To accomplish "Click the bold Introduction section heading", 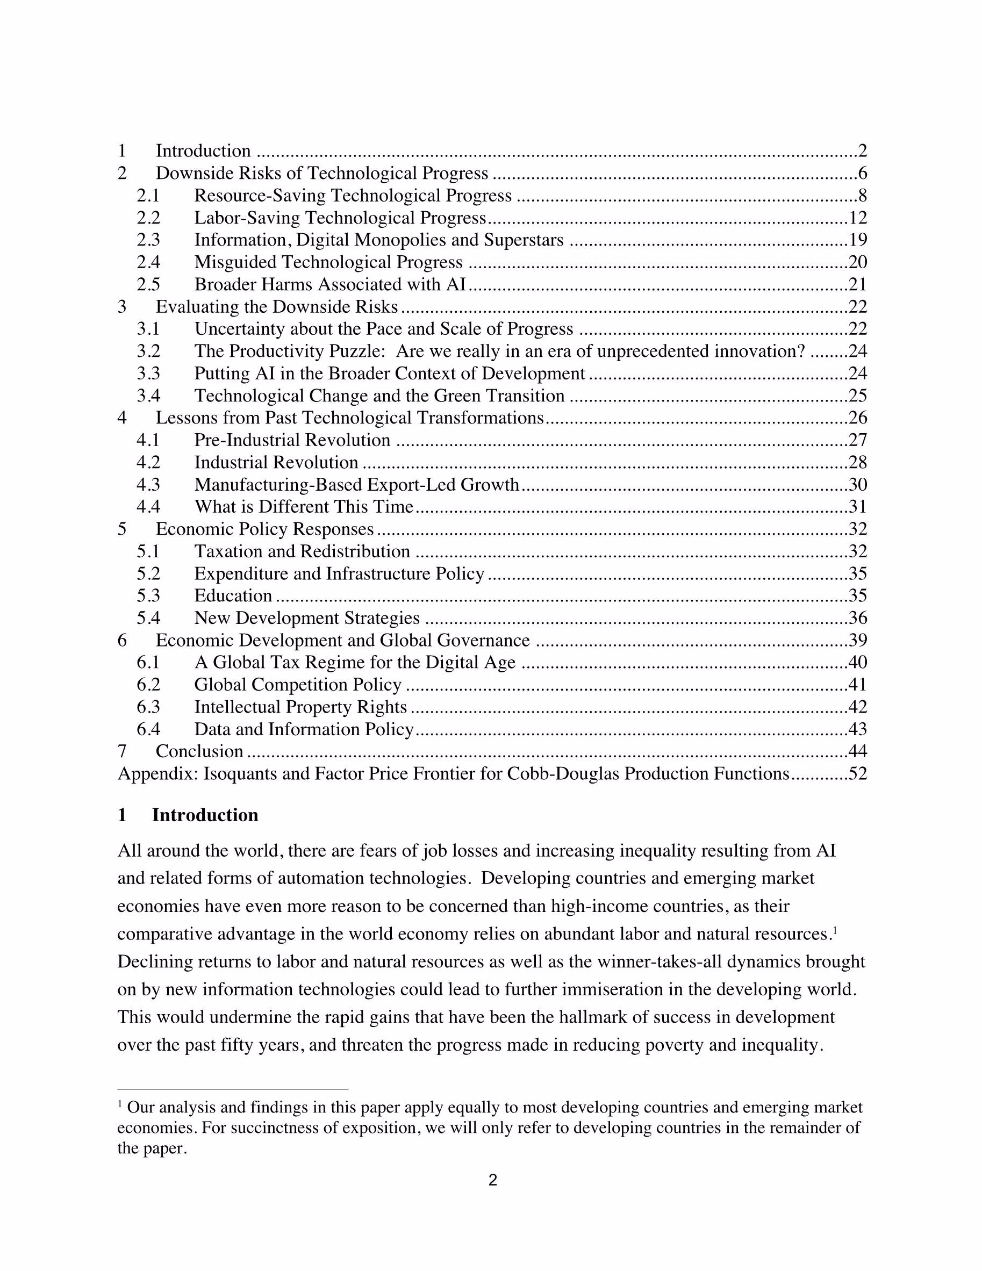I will pyautogui.click(x=205, y=815).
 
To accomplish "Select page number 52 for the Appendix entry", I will pyautogui.click(x=857, y=773).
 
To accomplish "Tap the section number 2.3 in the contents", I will pyautogui.click(x=148, y=240).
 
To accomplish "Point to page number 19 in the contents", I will pyautogui.click(x=857, y=240).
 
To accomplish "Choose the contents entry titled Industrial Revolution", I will pyautogui.click(x=276, y=462).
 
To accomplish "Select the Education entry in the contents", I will pyautogui.click(x=233, y=595).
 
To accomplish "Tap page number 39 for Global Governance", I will pyautogui.click(x=857, y=640).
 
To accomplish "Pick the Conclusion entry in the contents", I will pyautogui.click(x=199, y=751).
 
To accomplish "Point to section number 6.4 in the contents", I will pyautogui.click(x=148, y=729).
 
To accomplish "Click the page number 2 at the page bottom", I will pyautogui.click(x=492, y=1180).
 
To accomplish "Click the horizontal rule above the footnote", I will pyautogui.click(x=232, y=1088).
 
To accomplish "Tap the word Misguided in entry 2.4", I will pyautogui.click(x=235, y=262).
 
